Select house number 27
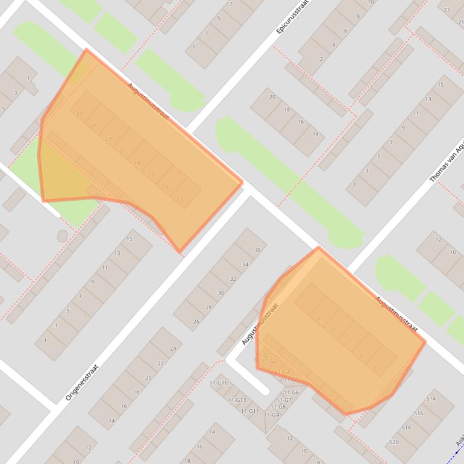click(80, 114)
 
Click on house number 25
click(93, 127)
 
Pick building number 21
click(122, 151)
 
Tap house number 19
click(137, 163)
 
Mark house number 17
click(151, 176)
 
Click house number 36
click(257, 250)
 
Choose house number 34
click(245, 265)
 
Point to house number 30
click(221, 293)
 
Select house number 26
click(196, 322)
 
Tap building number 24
click(173, 349)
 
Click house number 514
click(431, 399)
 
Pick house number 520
click(394, 442)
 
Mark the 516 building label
click(419, 413)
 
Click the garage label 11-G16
click(219, 383)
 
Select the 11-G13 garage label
click(237, 400)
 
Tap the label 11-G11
click(249, 411)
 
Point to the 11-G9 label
click(272, 415)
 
